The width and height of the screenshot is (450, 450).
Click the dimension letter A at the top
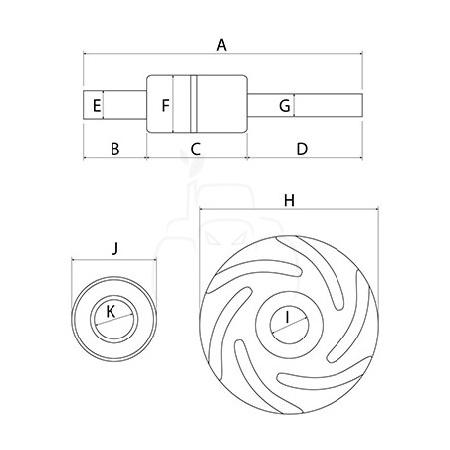(x=221, y=45)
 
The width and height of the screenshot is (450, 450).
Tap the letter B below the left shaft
(x=114, y=149)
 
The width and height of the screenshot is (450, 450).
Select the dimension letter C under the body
(x=196, y=149)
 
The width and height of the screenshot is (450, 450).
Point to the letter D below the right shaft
(x=302, y=149)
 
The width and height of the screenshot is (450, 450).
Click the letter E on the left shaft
(x=97, y=106)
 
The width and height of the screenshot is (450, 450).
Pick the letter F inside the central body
(x=165, y=105)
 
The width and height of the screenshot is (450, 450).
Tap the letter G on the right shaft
(x=285, y=106)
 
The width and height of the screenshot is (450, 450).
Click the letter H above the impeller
(x=289, y=200)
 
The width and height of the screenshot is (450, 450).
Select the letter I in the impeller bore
(x=288, y=317)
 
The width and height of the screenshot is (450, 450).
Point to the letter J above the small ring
(x=114, y=248)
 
